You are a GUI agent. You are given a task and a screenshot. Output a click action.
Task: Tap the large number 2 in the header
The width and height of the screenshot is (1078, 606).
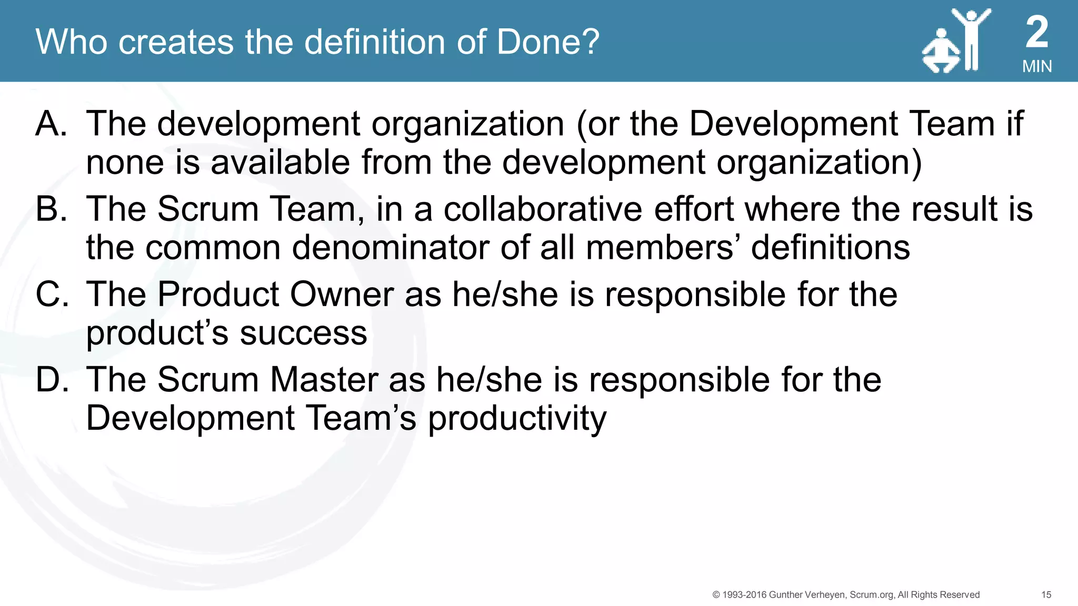(x=1037, y=32)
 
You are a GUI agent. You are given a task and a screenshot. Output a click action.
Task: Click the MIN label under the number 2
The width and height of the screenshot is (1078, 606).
(x=1037, y=66)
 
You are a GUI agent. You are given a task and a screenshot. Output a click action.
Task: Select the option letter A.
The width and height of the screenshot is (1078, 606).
(x=51, y=124)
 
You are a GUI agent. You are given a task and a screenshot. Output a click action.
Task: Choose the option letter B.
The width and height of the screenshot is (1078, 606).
(x=51, y=209)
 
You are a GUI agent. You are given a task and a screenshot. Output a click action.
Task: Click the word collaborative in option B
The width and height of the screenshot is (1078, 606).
(x=543, y=209)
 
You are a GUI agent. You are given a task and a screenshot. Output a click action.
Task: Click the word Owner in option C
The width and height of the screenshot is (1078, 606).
(x=342, y=294)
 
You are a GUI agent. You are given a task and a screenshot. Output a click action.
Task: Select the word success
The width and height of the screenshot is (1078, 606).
(x=304, y=333)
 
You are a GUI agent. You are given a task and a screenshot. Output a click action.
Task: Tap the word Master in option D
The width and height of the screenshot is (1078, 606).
(x=323, y=379)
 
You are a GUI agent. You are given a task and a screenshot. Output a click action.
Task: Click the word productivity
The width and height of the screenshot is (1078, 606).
(x=517, y=419)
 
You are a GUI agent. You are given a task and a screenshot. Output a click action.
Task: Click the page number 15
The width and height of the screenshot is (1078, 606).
(x=1046, y=594)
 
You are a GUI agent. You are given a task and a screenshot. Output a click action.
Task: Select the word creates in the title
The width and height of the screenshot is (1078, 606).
(x=176, y=42)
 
